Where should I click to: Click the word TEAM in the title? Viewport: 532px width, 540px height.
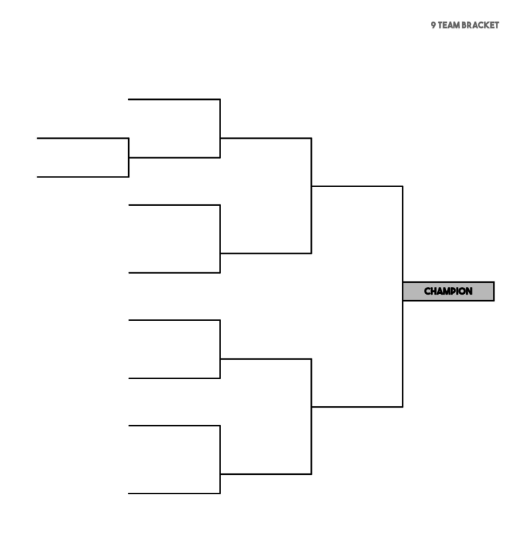pyautogui.click(x=449, y=25)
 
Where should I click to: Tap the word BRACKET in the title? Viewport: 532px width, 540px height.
pyautogui.click(x=480, y=25)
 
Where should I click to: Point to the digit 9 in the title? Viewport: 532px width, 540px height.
pyautogui.click(x=433, y=25)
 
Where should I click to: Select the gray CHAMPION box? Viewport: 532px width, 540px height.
pyautogui.click(x=448, y=291)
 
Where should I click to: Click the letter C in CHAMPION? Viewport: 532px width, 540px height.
pyautogui.click(x=427, y=291)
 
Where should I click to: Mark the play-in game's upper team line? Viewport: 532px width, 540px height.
pyautogui.click(x=82, y=139)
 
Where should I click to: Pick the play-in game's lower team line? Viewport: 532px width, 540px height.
pyautogui.click(x=82, y=177)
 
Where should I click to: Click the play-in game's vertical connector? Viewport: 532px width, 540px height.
pyautogui.click(x=129, y=158)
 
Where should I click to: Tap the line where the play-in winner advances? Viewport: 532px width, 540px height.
pyautogui.click(x=175, y=158)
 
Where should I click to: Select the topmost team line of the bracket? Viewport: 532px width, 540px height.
pyautogui.click(x=174, y=100)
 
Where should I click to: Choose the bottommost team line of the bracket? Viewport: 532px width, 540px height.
pyautogui.click(x=174, y=494)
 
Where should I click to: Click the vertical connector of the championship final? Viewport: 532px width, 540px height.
pyautogui.click(x=402, y=297)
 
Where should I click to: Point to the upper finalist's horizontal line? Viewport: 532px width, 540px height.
pyautogui.click(x=357, y=186)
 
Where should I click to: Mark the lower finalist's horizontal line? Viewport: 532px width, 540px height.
pyautogui.click(x=357, y=407)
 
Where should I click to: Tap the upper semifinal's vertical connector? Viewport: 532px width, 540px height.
pyautogui.click(x=312, y=196)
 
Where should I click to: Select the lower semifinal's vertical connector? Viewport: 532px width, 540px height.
pyautogui.click(x=312, y=417)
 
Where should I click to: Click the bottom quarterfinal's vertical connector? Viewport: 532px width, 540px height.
pyautogui.click(x=220, y=460)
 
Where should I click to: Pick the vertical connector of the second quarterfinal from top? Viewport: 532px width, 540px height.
pyautogui.click(x=220, y=239)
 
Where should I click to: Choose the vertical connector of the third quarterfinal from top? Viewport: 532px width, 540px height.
pyautogui.click(x=220, y=349)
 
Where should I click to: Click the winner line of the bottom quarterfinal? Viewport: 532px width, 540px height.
pyautogui.click(x=266, y=474)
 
